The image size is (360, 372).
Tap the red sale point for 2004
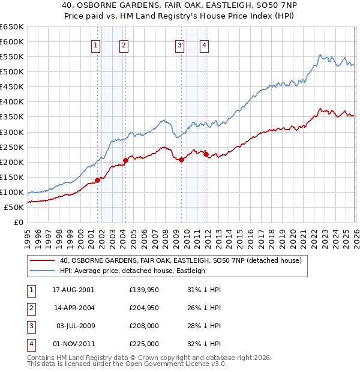coord(125,160)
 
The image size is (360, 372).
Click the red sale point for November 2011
coord(206,154)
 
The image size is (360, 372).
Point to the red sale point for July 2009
coord(181,159)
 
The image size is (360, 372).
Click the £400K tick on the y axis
coord(11,102)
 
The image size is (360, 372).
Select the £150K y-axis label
coord(11,177)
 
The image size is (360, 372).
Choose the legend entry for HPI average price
coord(132,271)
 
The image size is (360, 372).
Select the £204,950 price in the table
coord(144,308)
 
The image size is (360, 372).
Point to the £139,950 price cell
coord(144,290)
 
